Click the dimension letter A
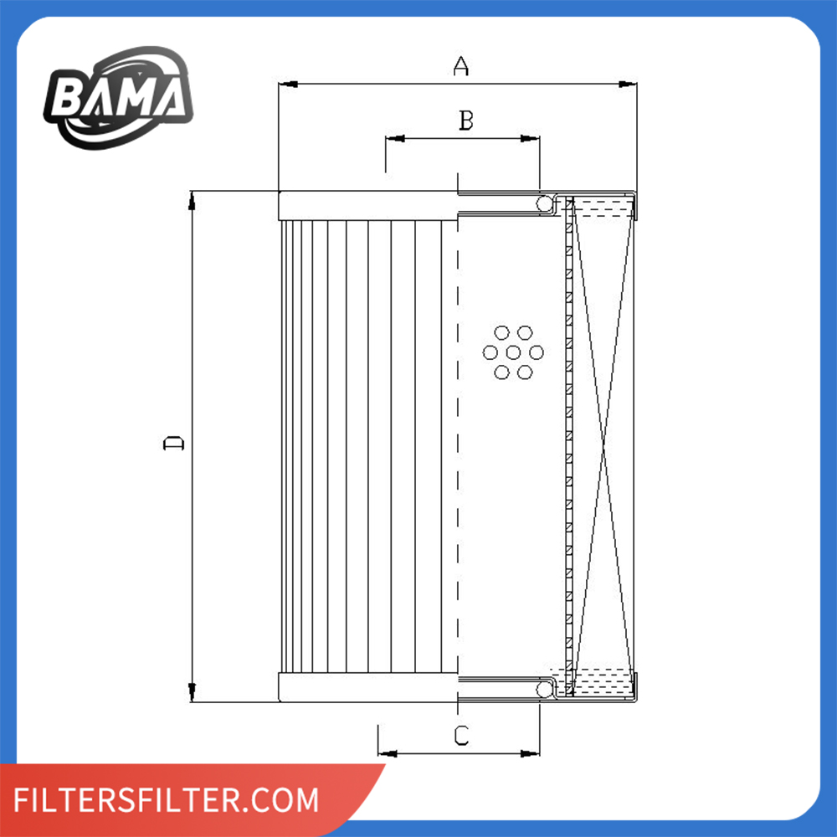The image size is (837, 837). coord(460,66)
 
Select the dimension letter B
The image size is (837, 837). coord(466,121)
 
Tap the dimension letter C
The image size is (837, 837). coord(461,736)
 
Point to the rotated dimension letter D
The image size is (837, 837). coord(173,443)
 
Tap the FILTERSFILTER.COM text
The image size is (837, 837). coord(167,799)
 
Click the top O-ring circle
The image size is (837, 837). coord(545,203)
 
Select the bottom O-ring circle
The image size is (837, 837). coord(545,689)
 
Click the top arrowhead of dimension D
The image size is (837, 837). coord(193,199)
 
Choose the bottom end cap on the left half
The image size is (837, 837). coord(368,687)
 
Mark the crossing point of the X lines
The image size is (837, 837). coord(602,444)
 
